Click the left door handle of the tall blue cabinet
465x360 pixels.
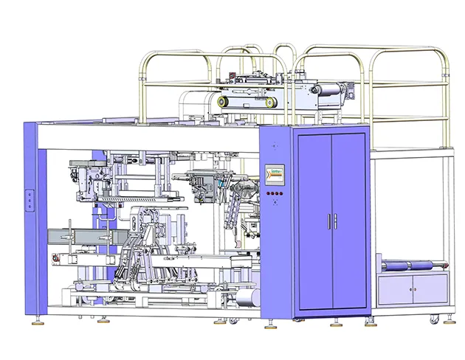pyautogui.click(x=328, y=222)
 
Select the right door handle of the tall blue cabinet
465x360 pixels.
pyautogui.click(x=335, y=222)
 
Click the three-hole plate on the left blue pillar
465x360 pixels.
pyautogui.click(x=30, y=199)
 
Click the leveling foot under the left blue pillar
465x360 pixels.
pyautogui.click(x=35, y=319)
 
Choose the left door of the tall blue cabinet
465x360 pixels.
pyautogui.click(x=314, y=221)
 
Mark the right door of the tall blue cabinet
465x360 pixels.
pyautogui.click(x=349, y=221)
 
